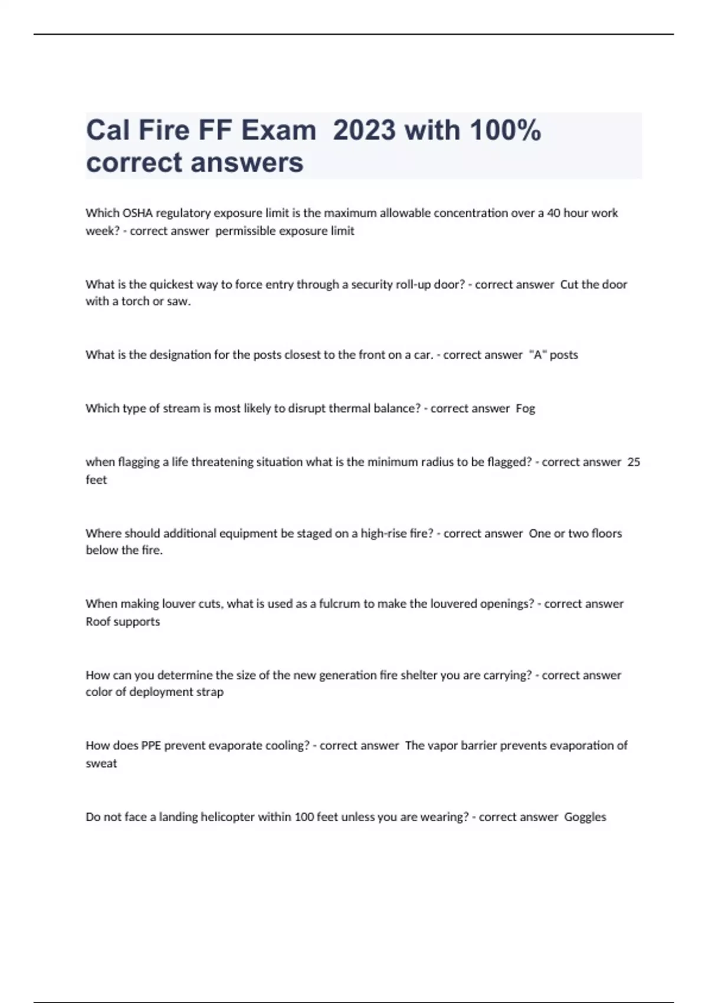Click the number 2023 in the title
(364, 130)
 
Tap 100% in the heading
(506, 130)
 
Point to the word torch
(135, 301)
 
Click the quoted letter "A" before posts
(538, 355)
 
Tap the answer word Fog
(525, 408)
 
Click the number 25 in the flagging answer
(634, 462)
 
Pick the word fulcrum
(339, 604)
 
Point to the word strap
(210, 691)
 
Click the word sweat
(101, 763)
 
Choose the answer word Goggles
(585, 817)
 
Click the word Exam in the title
(278, 130)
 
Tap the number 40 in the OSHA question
(553, 213)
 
